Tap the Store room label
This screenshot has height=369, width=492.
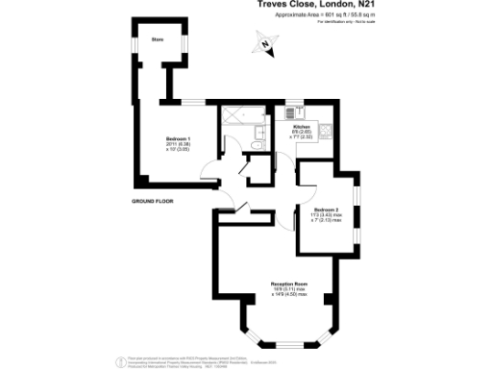tap(157, 39)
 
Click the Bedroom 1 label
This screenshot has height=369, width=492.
tap(178, 139)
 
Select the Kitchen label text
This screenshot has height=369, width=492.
tap(300, 126)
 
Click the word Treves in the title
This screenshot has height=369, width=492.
tap(273, 5)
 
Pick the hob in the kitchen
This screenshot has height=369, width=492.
tap(326, 131)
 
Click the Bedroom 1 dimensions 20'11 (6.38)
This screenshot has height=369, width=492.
tap(177, 145)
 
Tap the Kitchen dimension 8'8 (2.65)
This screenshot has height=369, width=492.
tap(300, 132)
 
